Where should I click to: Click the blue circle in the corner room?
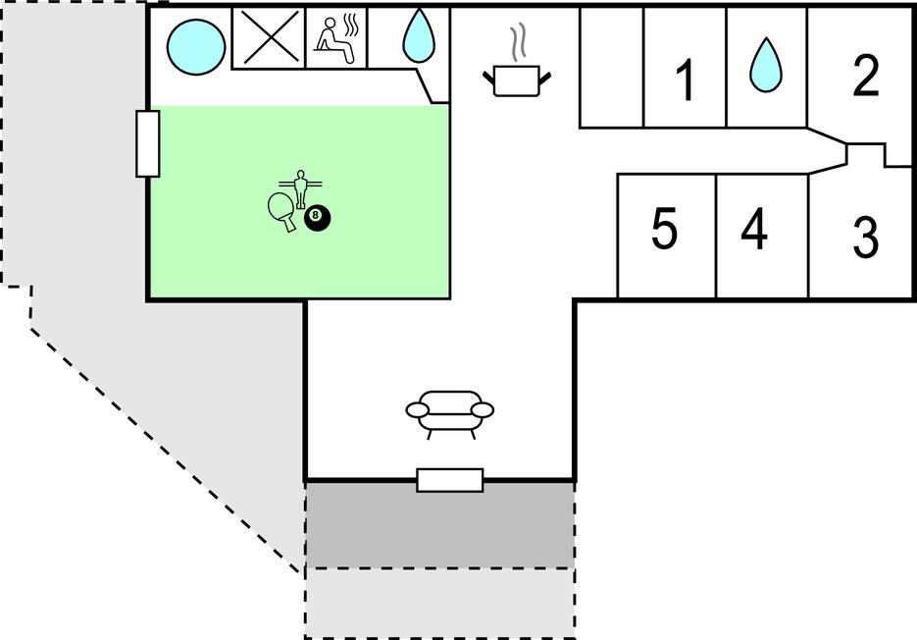point(195,45)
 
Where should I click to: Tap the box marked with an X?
point(268,39)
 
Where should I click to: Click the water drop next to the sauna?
point(419,37)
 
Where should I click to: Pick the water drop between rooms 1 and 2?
point(767,66)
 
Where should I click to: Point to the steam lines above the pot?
point(519,42)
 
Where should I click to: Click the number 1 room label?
point(686,80)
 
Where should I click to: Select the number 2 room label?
point(865,77)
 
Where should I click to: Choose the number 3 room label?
point(864,238)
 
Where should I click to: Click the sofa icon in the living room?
point(449,411)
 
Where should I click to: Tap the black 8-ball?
point(317,218)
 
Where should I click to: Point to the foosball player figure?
point(299,187)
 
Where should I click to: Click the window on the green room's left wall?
point(148,143)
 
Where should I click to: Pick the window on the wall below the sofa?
point(449,480)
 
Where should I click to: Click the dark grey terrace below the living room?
point(439,524)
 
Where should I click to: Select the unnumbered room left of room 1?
point(611,67)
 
